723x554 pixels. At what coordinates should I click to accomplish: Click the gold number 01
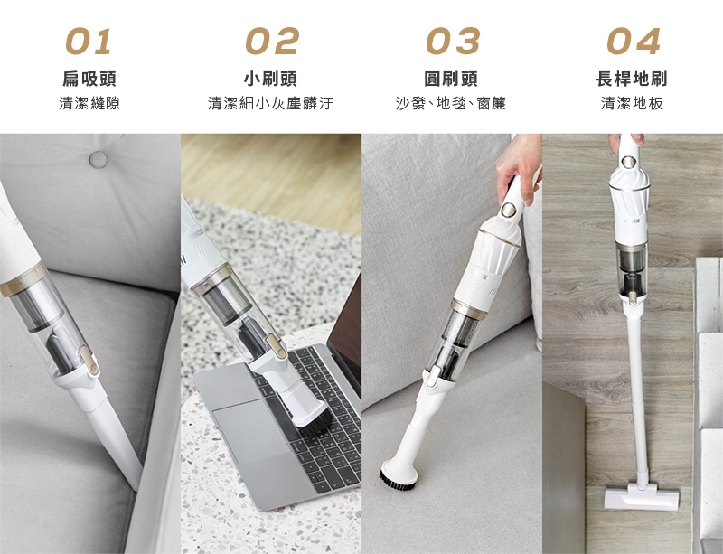88,41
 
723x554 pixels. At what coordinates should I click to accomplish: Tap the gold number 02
272,41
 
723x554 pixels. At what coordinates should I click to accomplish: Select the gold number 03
453,41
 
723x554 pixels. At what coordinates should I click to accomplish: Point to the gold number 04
634,41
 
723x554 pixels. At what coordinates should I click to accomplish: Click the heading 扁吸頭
89,79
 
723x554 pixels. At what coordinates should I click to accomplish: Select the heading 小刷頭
270,79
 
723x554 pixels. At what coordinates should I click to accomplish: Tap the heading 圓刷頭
451,79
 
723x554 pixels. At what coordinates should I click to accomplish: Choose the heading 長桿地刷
632,79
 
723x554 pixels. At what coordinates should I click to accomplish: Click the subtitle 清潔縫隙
89,103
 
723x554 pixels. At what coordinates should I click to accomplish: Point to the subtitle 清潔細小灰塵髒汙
270,103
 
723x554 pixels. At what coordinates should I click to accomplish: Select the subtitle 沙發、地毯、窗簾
451,103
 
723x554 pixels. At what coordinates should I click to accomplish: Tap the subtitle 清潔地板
632,103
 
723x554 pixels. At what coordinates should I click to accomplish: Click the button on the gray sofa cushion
98,160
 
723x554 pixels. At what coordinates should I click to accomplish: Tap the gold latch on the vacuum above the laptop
273,345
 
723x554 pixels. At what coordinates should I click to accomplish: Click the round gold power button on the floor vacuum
627,162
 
